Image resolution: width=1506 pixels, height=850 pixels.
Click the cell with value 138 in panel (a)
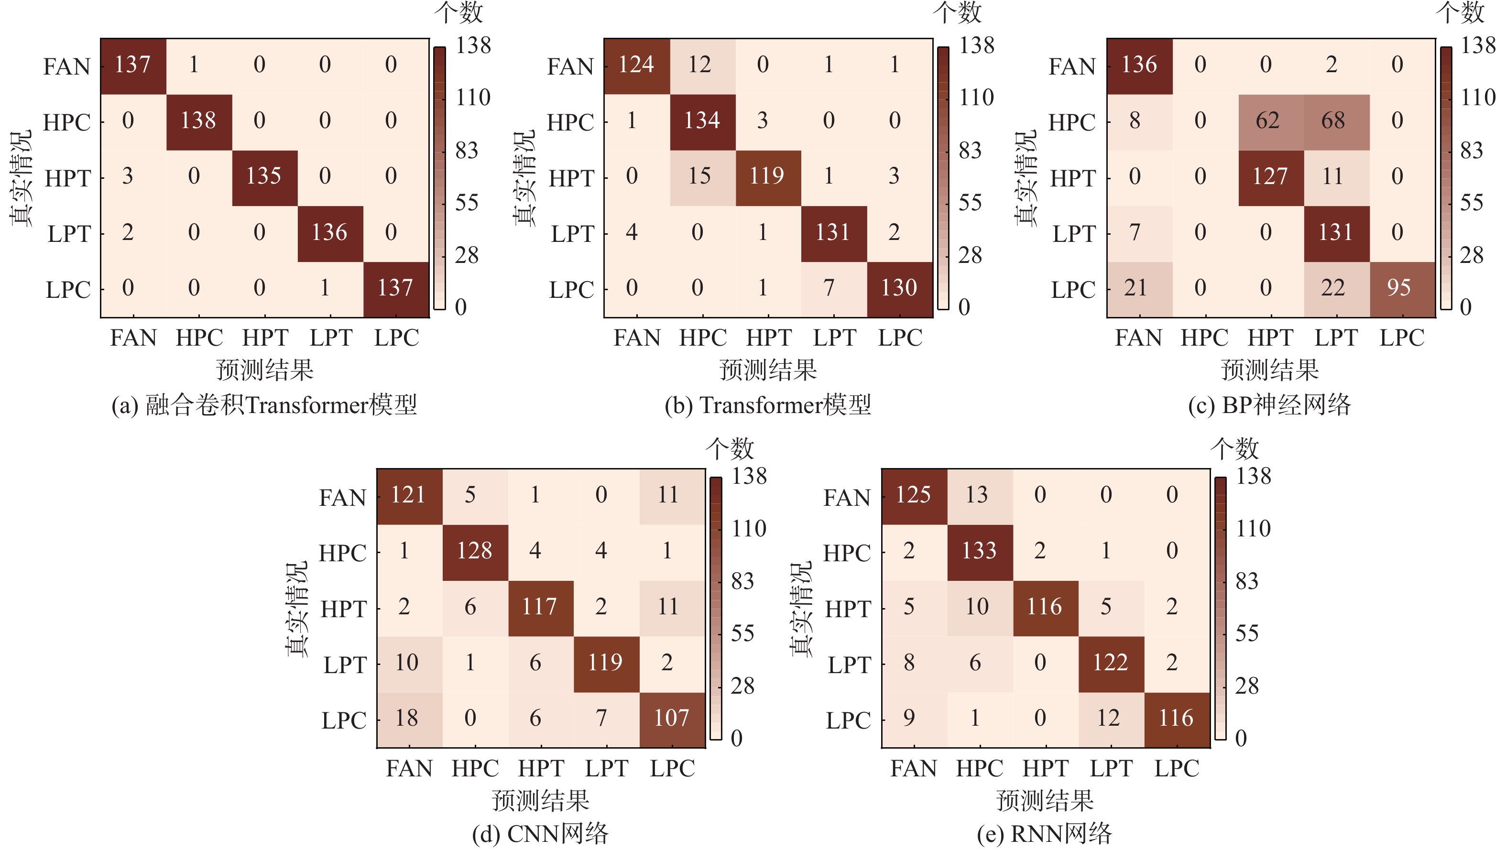199,121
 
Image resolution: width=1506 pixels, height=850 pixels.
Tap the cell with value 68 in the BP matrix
1336,121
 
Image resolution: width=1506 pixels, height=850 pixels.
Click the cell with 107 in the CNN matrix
672,719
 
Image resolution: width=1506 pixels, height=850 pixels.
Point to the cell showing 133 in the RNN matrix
979,551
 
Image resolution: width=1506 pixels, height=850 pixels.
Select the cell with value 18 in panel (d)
408,719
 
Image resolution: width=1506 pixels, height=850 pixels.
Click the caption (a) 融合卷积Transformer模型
264,405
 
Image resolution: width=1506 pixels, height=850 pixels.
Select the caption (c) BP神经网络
1269,405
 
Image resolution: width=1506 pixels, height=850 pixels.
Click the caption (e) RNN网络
1044,834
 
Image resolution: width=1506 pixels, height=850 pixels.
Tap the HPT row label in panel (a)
68,178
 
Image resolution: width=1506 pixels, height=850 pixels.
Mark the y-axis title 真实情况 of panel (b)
524,178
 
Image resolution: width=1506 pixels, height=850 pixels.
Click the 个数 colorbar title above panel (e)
1234,449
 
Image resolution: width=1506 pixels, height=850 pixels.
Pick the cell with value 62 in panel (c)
1270,121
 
